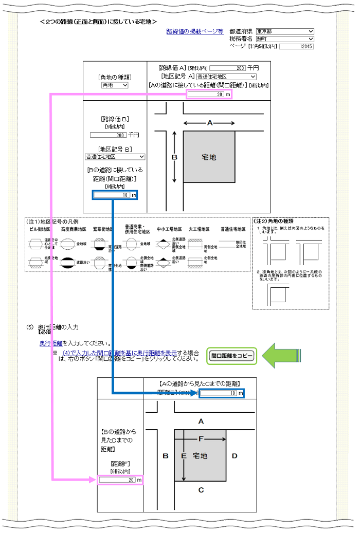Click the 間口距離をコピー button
[232, 355]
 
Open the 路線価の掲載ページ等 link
[194, 31]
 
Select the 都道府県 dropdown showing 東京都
[284, 31]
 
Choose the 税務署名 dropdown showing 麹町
[284, 39]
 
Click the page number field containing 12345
[296, 46]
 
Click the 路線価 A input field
[228, 68]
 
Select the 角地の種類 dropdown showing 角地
[115, 85]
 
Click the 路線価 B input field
[108, 135]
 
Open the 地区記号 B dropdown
[115, 157]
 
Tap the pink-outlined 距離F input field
[120, 480]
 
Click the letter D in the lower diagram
[234, 456]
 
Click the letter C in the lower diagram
[201, 490]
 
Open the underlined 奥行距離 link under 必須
[51, 343]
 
